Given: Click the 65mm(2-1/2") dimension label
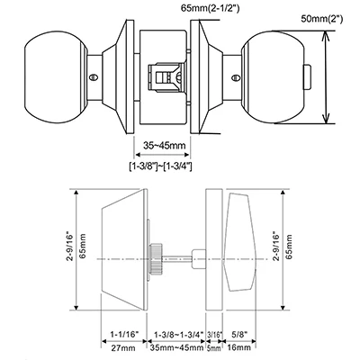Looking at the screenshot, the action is pos(210,9).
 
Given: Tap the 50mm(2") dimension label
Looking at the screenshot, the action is pos(322,19).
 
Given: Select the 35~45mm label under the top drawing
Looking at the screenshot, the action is pos(164,146).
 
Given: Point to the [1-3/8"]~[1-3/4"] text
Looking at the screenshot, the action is pos(160,166).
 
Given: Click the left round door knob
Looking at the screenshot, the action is pos(56,76).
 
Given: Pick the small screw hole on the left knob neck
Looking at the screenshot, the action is pos(94,77).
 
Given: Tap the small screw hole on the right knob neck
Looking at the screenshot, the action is pos(236,78).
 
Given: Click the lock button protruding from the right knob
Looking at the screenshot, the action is pos(308,77).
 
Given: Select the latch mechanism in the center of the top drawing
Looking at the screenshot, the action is pos(166,76).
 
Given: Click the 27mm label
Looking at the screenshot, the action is pos(123,348).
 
